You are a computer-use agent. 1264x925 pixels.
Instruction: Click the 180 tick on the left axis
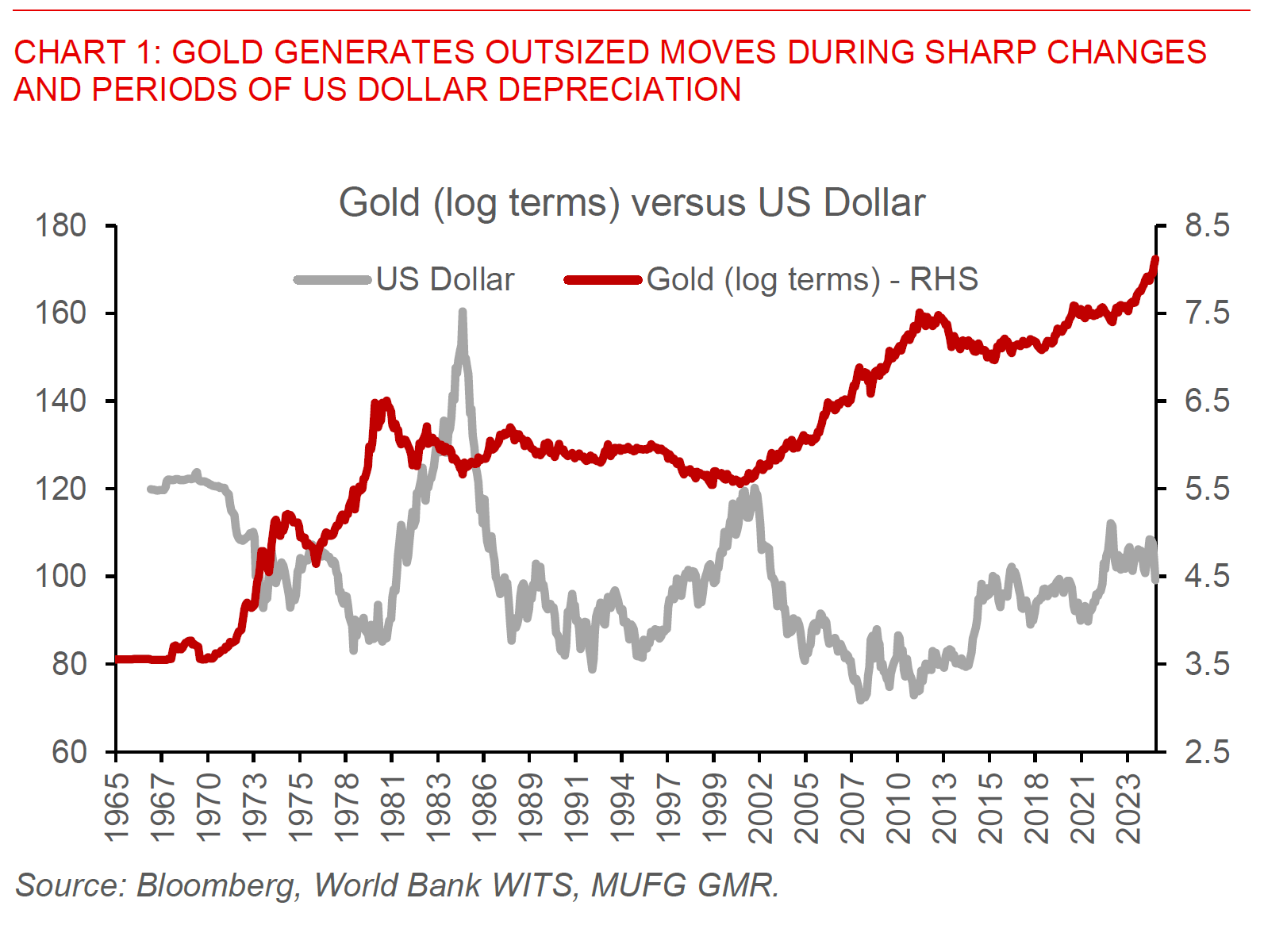pyautogui.click(x=60, y=226)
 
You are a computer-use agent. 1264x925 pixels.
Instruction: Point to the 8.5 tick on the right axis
pyautogui.click(x=1207, y=226)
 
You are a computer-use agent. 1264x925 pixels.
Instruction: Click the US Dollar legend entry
pyautogui.click(x=444, y=279)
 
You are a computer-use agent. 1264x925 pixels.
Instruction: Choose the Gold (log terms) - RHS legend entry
pyautogui.click(x=812, y=279)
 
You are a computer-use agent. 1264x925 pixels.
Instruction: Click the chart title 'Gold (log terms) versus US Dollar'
pyautogui.click(x=632, y=202)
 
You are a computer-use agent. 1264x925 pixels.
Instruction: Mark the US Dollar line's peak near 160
pyautogui.click(x=463, y=313)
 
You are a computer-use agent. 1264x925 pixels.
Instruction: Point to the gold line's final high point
pyautogui.click(x=1155, y=259)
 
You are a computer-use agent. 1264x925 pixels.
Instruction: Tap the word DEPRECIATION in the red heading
pyautogui.click(x=619, y=89)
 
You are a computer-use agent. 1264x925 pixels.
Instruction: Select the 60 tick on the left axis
pyautogui.click(x=69, y=751)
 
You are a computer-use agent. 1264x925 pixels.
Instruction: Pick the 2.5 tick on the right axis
pyautogui.click(x=1207, y=751)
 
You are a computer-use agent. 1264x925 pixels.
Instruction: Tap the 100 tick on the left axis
pyautogui.click(x=60, y=576)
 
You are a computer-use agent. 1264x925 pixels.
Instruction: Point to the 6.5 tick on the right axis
pyautogui.click(x=1207, y=401)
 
